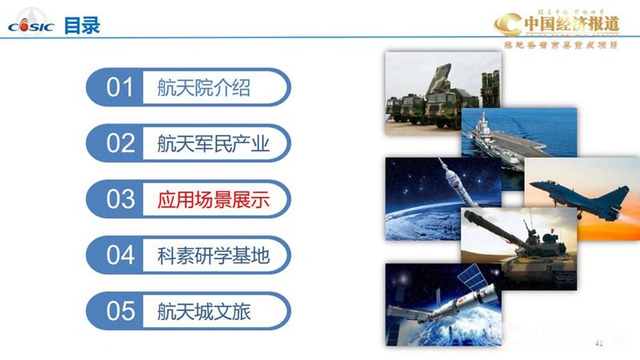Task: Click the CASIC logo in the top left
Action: pyautogui.click(x=30, y=25)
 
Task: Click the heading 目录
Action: pyautogui.click(x=82, y=25)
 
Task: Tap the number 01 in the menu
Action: pyautogui.click(x=121, y=87)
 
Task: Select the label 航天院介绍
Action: pyautogui.click(x=203, y=87)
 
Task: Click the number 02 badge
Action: pyautogui.click(x=121, y=143)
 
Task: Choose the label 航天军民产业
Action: pyautogui.click(x=213, y=143)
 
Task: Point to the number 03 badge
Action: pyautogui.click(x=121, y=199)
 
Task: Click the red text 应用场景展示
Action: pyautogui.click(x=213, y=199)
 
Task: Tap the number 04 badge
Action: pyautogui.click(x=121, y=255)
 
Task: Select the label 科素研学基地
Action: pyautogui.click(x=213, y=255)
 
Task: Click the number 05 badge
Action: pyautogui.click(x=121, y=310)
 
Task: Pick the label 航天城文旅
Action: pyautogui.click(x=203, y=310)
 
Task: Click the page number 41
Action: pyautogui.click(x=598, y=343)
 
